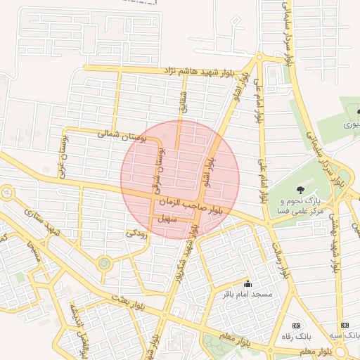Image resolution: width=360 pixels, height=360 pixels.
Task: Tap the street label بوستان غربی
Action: [x=65, y=157]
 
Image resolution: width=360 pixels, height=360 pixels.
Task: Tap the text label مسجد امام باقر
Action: [x=247, y=293]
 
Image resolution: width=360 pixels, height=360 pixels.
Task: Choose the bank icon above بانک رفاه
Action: [x=296, y=326]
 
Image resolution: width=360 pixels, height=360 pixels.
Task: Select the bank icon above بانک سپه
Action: [x=345, y=326]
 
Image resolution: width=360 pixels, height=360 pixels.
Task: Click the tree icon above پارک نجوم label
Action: [x=301, y=189]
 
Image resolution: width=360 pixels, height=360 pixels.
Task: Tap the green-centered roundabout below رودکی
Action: [x=105, y=264]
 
